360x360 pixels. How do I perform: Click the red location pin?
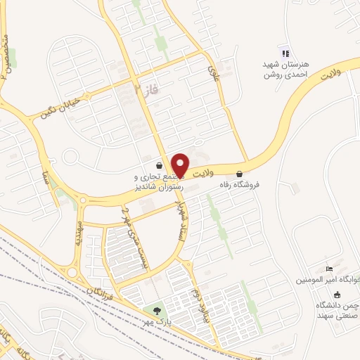coord(181,165)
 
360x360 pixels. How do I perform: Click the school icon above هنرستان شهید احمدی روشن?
coord(285,53)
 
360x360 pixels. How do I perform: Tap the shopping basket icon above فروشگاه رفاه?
coord(240,173)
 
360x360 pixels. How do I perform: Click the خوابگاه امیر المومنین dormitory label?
coord(328,279)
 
